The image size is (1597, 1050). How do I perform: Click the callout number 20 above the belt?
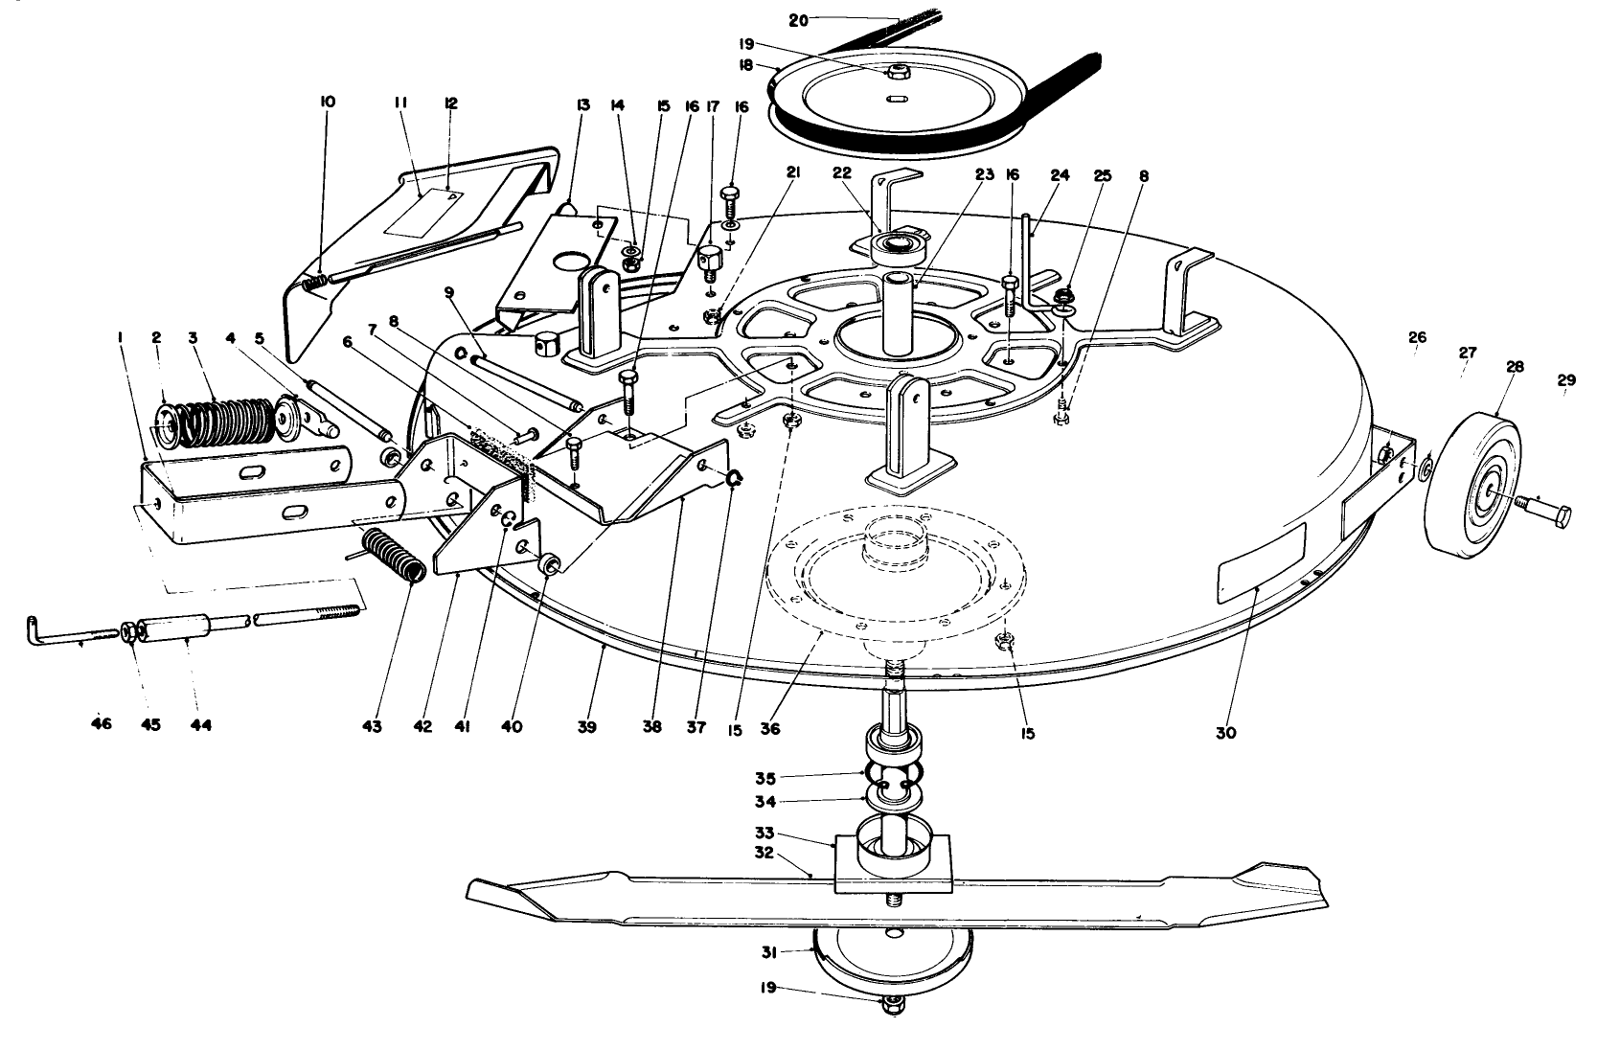tap(798, 18)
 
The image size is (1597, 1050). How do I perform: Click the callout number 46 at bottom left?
tap(101, 724)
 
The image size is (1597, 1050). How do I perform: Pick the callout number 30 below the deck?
tap(1225, 733)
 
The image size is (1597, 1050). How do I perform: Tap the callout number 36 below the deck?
tap(770, 729)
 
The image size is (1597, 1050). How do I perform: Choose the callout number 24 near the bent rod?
tap(1059, 175)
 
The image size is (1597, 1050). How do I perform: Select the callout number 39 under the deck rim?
tap(586, 728)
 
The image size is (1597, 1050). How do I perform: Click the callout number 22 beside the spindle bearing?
tap(841, 173)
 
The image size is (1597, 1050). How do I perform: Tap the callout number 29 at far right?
tap(1565, 380)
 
